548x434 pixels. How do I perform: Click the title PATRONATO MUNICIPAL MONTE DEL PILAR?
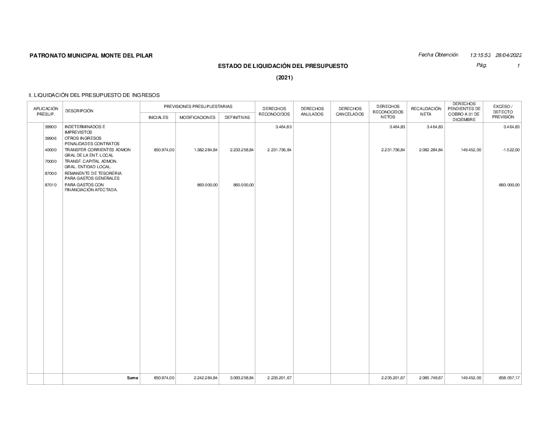tap(91, 55)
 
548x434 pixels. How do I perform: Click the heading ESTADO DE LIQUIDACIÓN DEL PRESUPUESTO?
tap(283, 66)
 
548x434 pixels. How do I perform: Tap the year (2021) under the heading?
tap(284, 78)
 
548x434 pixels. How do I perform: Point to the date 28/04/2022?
tap(509, 55)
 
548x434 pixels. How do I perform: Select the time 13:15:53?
tap(480, 55)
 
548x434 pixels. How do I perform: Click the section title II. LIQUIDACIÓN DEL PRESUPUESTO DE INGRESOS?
tap(94, 95)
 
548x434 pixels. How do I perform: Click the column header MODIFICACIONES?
tap(197, 117)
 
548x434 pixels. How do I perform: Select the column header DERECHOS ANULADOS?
tap(312, 111)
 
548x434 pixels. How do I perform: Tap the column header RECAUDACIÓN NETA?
tap(426, 111)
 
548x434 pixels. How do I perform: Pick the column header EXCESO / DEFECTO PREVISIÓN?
tap(503, 111)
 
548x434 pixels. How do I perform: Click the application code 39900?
tap(50, 127)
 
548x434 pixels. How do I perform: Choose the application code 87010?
tap(50, 185)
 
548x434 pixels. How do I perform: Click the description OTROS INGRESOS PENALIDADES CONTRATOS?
tap(92, 141)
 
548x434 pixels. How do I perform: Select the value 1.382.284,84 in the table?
tap(206, 150)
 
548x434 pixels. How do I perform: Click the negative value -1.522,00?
tap(510, 150)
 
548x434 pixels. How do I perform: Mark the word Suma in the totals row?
tap(132, 378)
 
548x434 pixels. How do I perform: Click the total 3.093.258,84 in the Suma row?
tap(242, 378)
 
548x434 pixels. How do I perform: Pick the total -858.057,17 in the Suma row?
tap(508, 378)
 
